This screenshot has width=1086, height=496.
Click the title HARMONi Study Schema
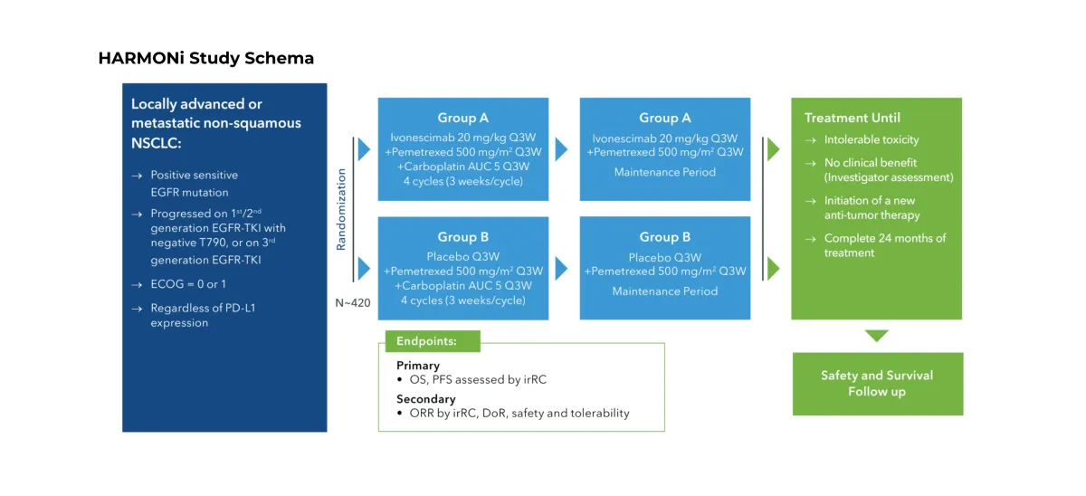coord(206,58)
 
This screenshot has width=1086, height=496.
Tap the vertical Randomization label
coord(341,209)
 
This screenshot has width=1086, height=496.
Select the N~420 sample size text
coord(352,303)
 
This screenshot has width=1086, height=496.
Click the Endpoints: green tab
coord(433,341)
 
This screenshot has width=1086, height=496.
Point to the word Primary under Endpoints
coord(418,365)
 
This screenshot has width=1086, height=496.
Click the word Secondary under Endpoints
coord(426,399)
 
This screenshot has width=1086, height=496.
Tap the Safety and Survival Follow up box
coord(878,384)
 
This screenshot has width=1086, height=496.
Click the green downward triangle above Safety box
coord(877,335)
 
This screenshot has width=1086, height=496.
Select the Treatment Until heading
coord(853,118)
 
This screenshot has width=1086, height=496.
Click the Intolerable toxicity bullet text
coord(872,139)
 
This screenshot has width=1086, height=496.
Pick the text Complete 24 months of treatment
coord(885,245)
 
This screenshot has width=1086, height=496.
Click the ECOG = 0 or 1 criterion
coord(188,284)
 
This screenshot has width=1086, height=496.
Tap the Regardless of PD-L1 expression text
coord(203,315)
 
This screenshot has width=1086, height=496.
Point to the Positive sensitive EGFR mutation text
coord(194,183)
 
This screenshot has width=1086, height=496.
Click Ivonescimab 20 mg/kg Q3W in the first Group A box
coord(463,138)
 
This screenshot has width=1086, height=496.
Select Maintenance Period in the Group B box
coord(664,291)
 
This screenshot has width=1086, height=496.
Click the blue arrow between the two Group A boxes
coord(561,149)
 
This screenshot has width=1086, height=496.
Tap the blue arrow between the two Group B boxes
coord(561,269)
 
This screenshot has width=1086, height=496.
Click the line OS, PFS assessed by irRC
coord(478,379)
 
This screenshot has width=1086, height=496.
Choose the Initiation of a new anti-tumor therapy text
coord(872,207)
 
